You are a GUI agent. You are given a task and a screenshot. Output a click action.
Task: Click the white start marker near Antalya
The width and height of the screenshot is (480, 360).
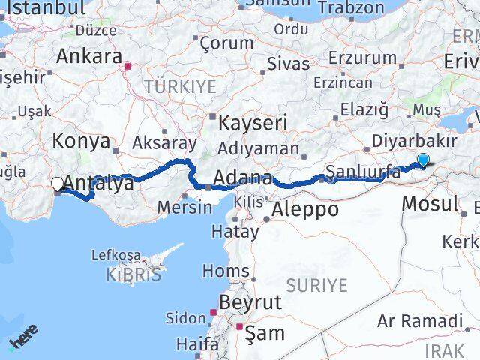coord(57,183)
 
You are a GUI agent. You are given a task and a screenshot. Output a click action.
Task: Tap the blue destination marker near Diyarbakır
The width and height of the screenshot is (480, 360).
coord(424,160)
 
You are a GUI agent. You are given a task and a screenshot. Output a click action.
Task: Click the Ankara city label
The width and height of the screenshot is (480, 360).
coord(89,56)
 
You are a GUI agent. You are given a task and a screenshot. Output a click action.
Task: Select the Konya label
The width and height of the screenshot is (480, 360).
coord(82,140)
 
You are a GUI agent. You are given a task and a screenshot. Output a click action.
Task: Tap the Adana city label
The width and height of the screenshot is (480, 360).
coord(243,178)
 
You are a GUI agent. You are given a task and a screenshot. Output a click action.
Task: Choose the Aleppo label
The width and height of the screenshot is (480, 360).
coord(306,209)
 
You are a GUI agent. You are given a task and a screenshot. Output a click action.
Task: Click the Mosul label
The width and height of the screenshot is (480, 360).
coord(430,203)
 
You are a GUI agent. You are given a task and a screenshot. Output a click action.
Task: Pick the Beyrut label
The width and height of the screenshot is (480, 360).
coord(250,302)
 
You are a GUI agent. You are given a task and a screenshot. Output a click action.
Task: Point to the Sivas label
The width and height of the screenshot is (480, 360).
coord(288,63)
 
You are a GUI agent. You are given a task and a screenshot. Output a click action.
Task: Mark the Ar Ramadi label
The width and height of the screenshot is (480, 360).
coord(419,322)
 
